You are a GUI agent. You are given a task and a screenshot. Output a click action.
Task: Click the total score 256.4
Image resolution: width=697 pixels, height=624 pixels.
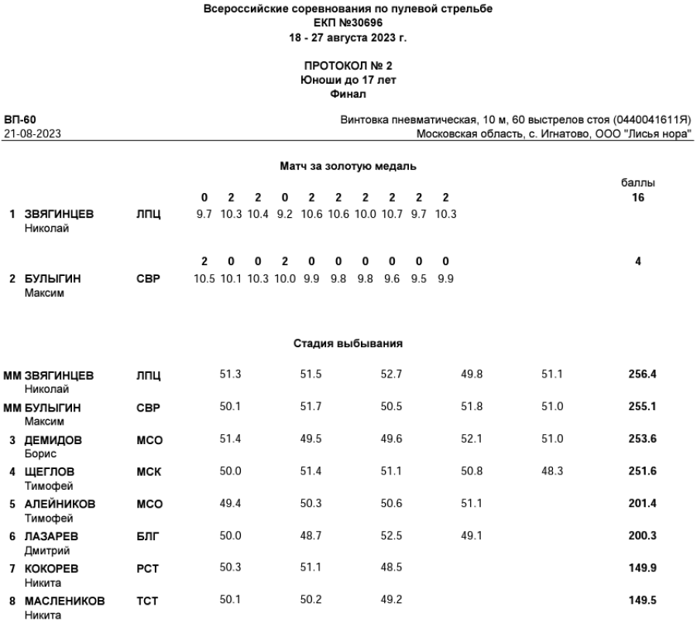click(642, 374)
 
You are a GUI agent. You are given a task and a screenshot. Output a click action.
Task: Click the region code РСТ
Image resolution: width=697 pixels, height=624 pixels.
click(147, 569)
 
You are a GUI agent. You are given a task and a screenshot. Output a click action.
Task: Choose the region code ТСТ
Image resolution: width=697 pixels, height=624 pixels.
click(147, 601)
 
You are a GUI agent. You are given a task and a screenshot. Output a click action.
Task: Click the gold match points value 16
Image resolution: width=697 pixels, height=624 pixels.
click(637, 198)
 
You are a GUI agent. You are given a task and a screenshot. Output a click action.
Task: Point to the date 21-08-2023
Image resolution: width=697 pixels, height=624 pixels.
click(33, 134)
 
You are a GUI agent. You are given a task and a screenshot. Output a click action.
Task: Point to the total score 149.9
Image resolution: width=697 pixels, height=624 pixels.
click(642, 567)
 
